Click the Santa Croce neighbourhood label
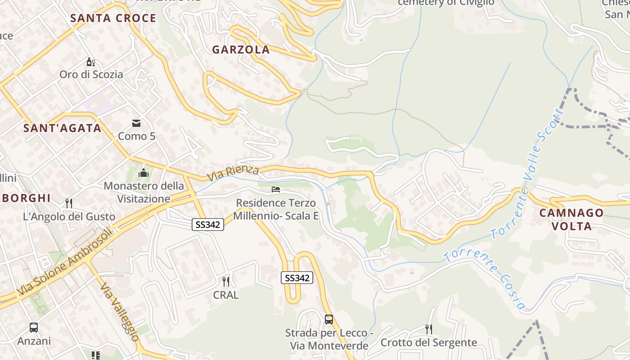coord(113,18)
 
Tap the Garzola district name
coord(241,50)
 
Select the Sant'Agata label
coord(62,128)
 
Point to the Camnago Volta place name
coord(571,219)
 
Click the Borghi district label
coord(28,198)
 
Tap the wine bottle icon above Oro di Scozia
coord(91,62)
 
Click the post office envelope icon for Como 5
coord(136,123)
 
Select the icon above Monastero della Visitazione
coord(144,173)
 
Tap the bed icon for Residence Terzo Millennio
coord(276,189)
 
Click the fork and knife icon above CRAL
coord(226,282)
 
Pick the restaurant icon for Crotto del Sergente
coord(428,329)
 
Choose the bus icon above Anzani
coord(34,328)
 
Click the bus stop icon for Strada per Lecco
coord(329,319)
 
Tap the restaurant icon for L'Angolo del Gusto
coord(69,203)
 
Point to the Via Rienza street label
coord(233,173)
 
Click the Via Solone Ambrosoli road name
coord(65,264)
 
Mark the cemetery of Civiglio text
coord(446,3)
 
